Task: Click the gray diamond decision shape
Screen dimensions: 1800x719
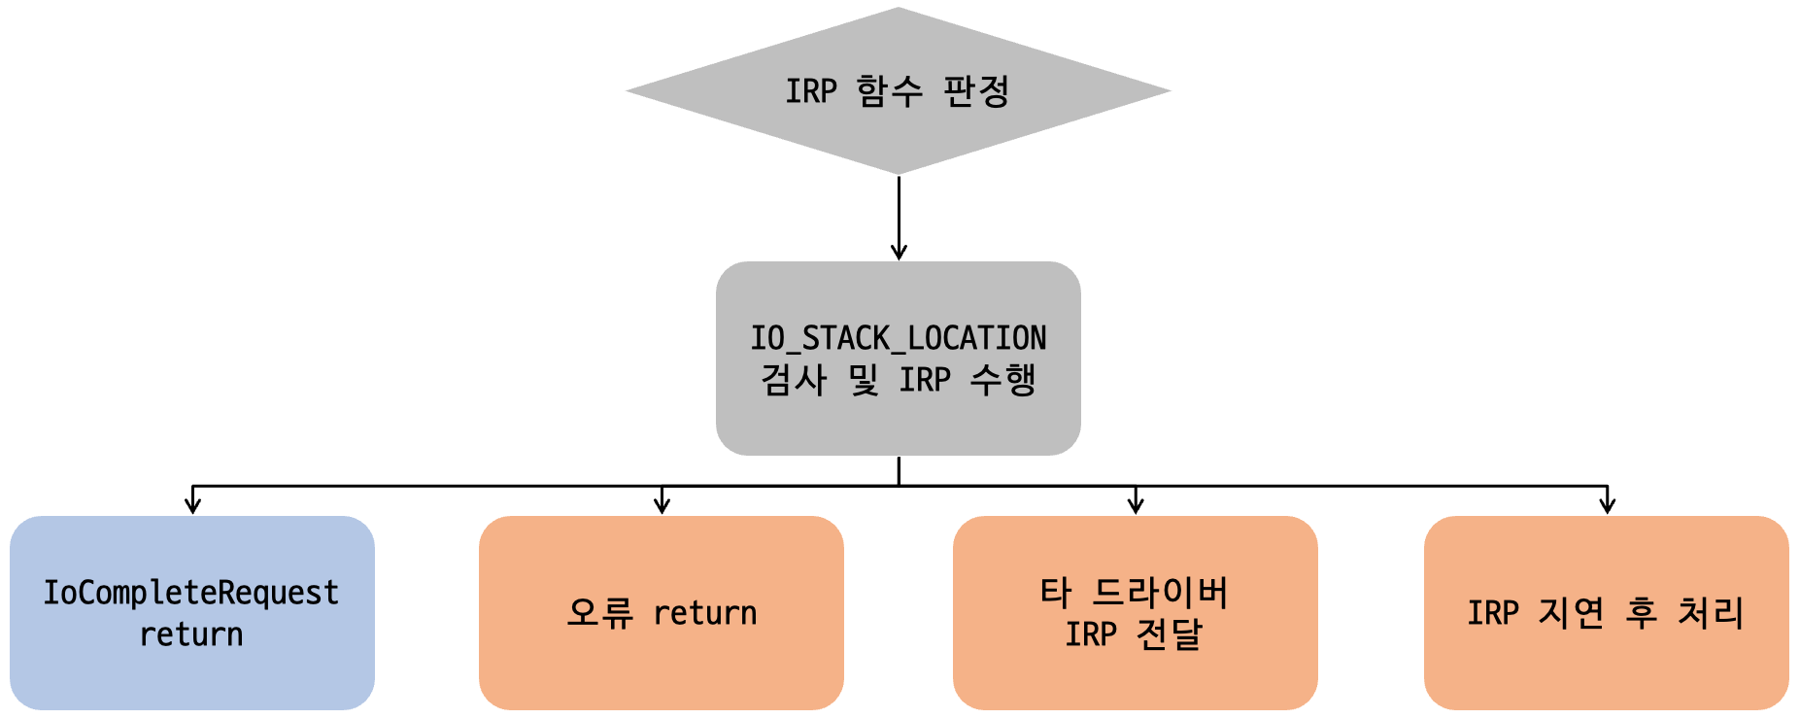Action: [x=899, y=91]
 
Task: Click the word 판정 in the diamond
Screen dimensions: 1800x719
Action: [x=976, y=91]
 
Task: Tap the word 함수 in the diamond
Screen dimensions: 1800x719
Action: [x=890, y=91]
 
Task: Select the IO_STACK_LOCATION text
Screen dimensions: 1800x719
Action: [x=899, y=338]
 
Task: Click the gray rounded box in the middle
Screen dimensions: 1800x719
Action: [x=899, y=359]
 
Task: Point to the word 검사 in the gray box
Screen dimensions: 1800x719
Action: [x=794, y=380]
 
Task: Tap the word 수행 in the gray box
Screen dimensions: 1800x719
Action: [x=1003, y=380]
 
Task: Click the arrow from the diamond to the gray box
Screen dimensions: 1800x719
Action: [x=899, y=218]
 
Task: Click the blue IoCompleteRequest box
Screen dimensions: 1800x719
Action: [x=192, y=613]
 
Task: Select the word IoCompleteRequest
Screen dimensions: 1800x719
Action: [x=191, y=593]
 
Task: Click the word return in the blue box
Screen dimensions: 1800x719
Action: [x=191, y=634]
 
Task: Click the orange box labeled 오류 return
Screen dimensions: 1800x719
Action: [x=662, y=613]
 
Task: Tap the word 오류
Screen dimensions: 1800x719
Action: [x=600, y=613]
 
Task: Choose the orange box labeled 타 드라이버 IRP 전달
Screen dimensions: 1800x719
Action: [x=1136, y=613]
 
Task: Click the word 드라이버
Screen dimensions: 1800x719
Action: [x=1161, y=593]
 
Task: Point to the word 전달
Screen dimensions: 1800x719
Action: [x=1170, y=634]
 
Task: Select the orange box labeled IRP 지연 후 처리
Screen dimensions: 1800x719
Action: [x=1607, y=613]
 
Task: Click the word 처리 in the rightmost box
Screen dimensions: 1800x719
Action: [x=1712, y=613]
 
